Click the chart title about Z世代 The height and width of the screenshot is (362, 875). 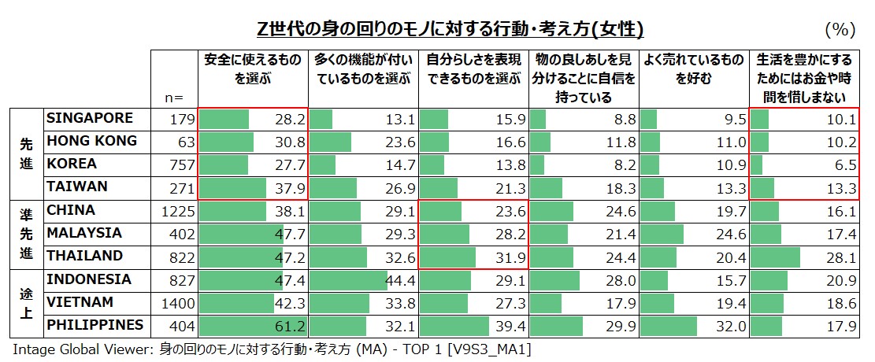[x=450, y=30]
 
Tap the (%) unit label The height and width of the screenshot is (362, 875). [x=840, y=30]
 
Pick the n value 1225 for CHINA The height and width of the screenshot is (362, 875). [x=176, y=211]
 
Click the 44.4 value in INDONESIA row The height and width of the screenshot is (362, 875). [x=399, y=280]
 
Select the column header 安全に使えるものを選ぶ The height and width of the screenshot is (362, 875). [x=253, y=69]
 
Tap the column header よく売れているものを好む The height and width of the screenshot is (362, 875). [x=693, y=69]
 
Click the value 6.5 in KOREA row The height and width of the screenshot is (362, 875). [x=843, y=165]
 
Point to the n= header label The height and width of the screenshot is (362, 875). [x=174, y=98]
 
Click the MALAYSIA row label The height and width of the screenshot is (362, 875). [x=84, y=233]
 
